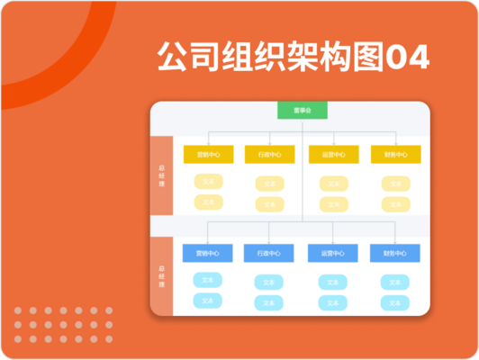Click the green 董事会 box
[302, 111]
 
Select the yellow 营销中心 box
[208, 154]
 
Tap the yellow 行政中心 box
[269, 154]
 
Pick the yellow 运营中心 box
[333, 154]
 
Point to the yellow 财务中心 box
[395, 154]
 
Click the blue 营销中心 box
[208, 253]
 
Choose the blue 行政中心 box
[269, 253]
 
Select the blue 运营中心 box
[333, 253]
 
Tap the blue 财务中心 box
[395, 253]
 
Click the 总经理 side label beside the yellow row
[161, 175]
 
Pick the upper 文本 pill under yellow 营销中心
[208, 182]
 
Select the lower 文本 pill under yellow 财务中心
[395, 202]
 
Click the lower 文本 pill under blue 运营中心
[333, 301]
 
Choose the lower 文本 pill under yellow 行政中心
[269, 202]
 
